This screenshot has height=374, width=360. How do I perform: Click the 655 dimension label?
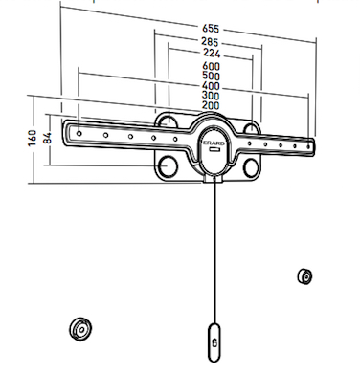coord(211,29)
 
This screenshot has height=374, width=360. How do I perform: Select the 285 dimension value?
coord(210,42)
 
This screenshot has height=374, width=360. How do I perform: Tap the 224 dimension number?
coord(212,53)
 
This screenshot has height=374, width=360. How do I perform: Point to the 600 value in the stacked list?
coord(212,66)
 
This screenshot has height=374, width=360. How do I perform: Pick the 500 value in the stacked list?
coord(212,77)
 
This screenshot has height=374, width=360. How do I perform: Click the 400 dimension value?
coord(211,86)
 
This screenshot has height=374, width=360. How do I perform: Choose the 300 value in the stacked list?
coord(211,96)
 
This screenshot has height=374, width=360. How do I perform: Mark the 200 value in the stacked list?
coord(211,105)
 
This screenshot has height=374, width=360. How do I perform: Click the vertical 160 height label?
coord(33,138)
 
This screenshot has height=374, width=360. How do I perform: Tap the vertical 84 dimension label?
coord(47,138)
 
